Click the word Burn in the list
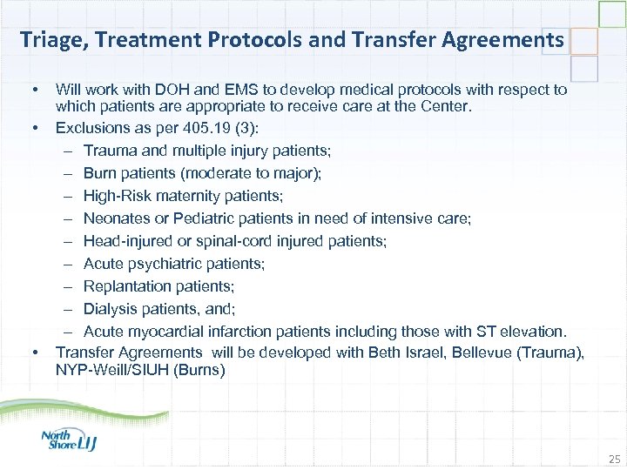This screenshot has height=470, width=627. (x=99, y=173)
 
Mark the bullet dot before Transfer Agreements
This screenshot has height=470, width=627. (x=35, y=352)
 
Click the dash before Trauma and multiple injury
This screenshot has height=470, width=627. (x=68, y=151)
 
